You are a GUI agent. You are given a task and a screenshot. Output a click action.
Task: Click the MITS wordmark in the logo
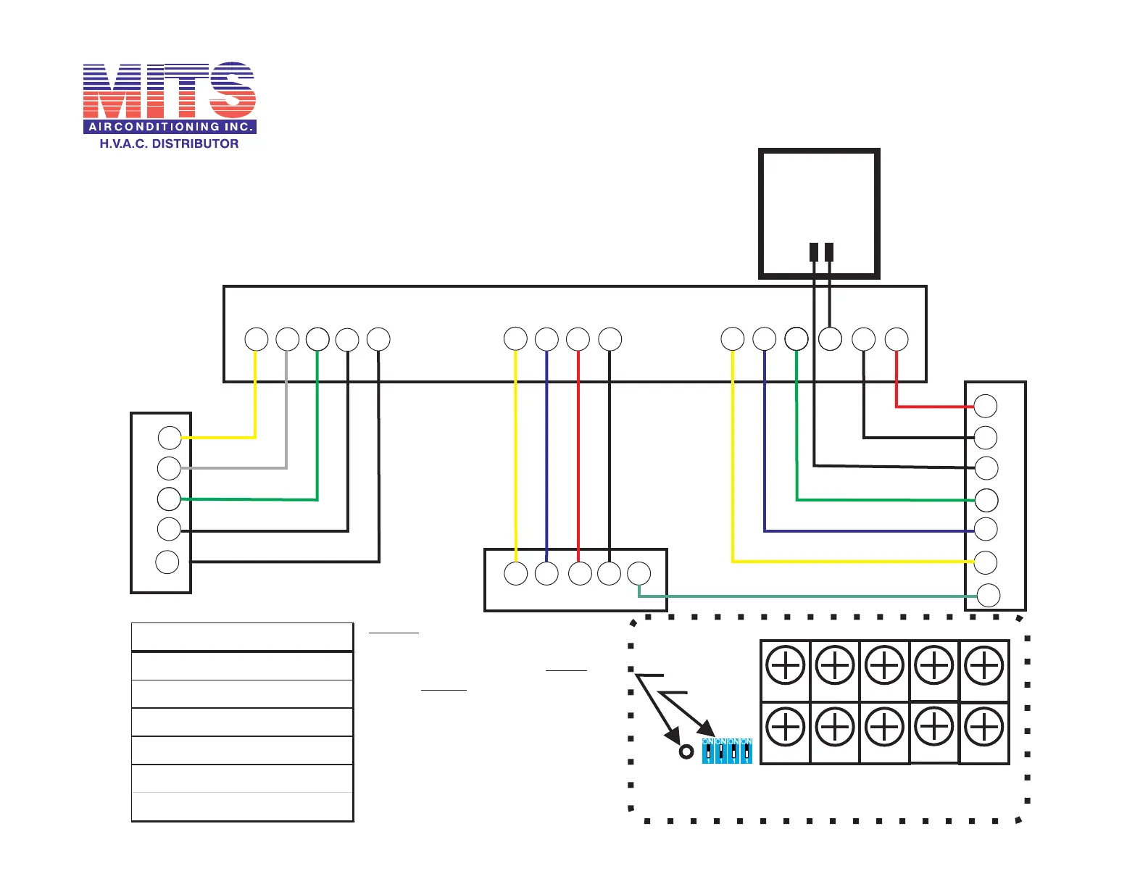point(170,91)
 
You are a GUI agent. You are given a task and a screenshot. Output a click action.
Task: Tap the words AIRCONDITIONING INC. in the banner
point(170,127)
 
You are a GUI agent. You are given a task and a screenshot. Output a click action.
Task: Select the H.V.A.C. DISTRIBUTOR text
point(169,143)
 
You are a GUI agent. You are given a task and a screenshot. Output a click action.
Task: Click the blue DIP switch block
point(727,751)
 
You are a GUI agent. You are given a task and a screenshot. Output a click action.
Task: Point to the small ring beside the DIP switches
point(686,751)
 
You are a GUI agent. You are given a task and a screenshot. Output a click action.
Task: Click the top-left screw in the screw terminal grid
point(785,665)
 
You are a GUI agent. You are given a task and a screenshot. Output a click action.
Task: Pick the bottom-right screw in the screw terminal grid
point(984,728)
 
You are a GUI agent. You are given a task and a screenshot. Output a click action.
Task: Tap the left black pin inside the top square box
point(814,252)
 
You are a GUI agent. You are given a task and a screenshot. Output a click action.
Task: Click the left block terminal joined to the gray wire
point(169,468)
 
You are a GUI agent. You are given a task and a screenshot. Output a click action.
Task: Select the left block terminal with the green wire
point(169,499)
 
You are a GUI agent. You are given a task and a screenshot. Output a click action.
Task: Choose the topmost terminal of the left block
point(170,438)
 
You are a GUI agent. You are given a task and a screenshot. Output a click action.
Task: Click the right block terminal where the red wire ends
point(986,406)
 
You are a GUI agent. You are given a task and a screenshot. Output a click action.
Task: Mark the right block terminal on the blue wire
point(986,529)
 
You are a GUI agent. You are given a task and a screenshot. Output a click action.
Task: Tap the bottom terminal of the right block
point(989,595)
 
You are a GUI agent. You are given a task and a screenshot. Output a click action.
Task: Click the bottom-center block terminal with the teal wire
point(639,573)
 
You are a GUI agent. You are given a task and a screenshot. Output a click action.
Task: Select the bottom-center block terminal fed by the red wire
point(580,573)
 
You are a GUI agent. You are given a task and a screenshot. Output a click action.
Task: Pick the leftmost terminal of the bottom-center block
point(515,573)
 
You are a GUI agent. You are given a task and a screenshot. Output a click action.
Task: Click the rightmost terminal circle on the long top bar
point(897,339)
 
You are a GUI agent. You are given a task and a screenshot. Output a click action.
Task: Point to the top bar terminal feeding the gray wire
point(288,339)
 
